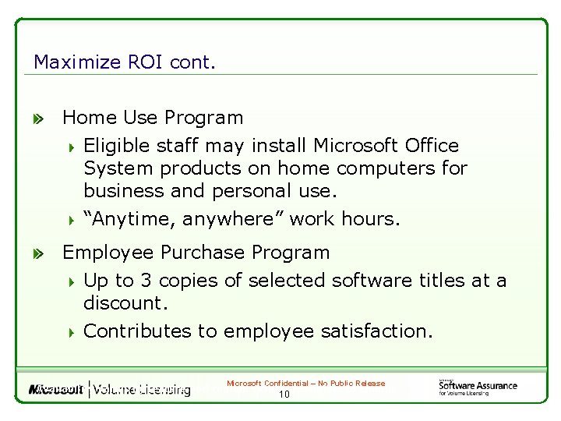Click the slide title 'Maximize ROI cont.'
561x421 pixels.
point(124,62)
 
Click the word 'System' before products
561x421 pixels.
point(113,168)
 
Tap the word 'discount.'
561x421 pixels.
point(125,302)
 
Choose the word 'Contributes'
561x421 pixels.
point(137,331)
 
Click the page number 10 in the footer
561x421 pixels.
point(284,395)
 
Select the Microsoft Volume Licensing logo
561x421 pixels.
point(109,389)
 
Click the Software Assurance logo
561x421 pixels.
point(476,387)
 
